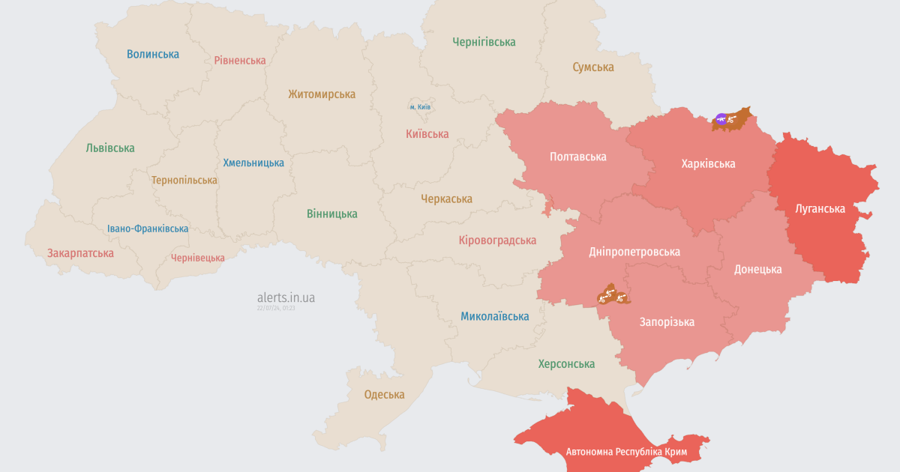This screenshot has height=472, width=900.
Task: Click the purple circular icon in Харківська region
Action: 721,118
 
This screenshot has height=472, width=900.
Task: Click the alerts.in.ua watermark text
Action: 286,297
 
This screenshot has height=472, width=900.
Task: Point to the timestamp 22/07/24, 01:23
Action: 276,308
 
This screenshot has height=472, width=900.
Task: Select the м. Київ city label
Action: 419,107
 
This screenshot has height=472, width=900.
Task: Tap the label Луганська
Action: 820,209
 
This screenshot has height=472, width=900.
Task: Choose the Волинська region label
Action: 153,54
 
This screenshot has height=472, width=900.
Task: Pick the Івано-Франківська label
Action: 148,229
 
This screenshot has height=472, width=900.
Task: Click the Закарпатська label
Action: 80,253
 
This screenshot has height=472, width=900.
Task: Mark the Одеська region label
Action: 384,395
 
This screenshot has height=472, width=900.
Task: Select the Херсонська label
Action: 566,364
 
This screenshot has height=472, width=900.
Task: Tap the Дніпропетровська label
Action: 634,252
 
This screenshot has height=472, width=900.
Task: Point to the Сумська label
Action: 593,67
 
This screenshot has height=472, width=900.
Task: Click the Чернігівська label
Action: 484,42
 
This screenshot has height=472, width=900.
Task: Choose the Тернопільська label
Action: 184,181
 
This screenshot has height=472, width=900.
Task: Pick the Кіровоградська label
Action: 497,240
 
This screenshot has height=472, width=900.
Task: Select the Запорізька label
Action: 667,322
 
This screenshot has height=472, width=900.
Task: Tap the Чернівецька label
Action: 198,258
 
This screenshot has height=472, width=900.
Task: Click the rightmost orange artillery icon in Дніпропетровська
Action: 621,297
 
